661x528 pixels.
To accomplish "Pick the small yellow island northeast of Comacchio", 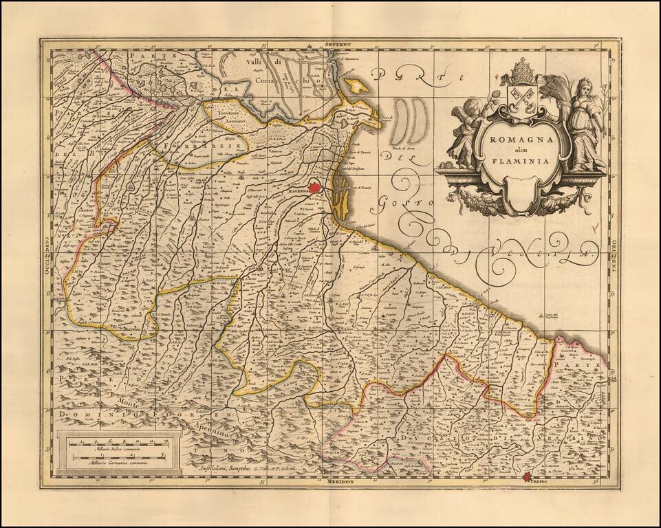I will (x=355, y=86).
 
